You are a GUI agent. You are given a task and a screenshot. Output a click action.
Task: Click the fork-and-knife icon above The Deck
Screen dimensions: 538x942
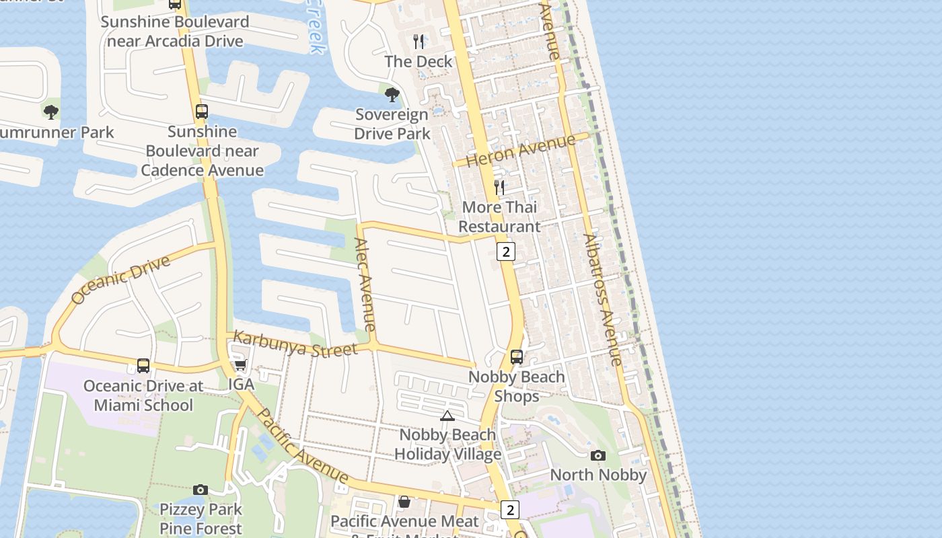coord(419,42)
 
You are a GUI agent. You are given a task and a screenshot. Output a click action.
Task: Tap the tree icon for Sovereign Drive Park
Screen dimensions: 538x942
coord(392,95)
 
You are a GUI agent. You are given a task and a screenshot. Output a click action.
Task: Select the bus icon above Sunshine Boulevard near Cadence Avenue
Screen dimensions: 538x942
coord(202,112)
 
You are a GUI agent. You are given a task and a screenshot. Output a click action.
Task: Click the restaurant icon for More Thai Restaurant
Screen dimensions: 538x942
coord(499,187)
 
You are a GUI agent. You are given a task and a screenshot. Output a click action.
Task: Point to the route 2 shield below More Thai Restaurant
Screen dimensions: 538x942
coord(506,252)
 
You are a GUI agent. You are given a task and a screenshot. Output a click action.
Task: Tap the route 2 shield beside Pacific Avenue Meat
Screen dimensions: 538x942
coord(510,510)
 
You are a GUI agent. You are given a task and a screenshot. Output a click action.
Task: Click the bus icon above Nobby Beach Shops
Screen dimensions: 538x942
coord(517,357)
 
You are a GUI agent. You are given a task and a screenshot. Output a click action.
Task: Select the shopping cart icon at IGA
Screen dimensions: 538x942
coord(240,365)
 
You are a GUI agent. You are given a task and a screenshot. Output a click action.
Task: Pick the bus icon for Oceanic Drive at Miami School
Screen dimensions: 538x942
coord(143,366)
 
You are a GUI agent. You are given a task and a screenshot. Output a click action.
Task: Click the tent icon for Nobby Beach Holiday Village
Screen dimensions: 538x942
coord(447,416)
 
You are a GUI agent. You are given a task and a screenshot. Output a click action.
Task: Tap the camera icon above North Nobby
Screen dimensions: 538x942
coord(597,456)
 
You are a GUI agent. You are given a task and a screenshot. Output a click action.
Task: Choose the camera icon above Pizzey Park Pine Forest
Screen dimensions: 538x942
coord(200,490)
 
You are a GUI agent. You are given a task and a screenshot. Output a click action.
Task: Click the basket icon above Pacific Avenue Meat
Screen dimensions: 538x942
coord(404,502)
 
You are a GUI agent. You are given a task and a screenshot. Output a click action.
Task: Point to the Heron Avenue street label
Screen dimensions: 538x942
coord(521,151)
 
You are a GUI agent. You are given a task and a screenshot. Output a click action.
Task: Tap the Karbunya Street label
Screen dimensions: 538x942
coord(295,344)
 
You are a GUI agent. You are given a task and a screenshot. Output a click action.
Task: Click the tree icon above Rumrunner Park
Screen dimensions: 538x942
coord(51,112)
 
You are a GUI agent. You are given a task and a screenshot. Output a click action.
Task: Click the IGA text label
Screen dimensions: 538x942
coord(241,385)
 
